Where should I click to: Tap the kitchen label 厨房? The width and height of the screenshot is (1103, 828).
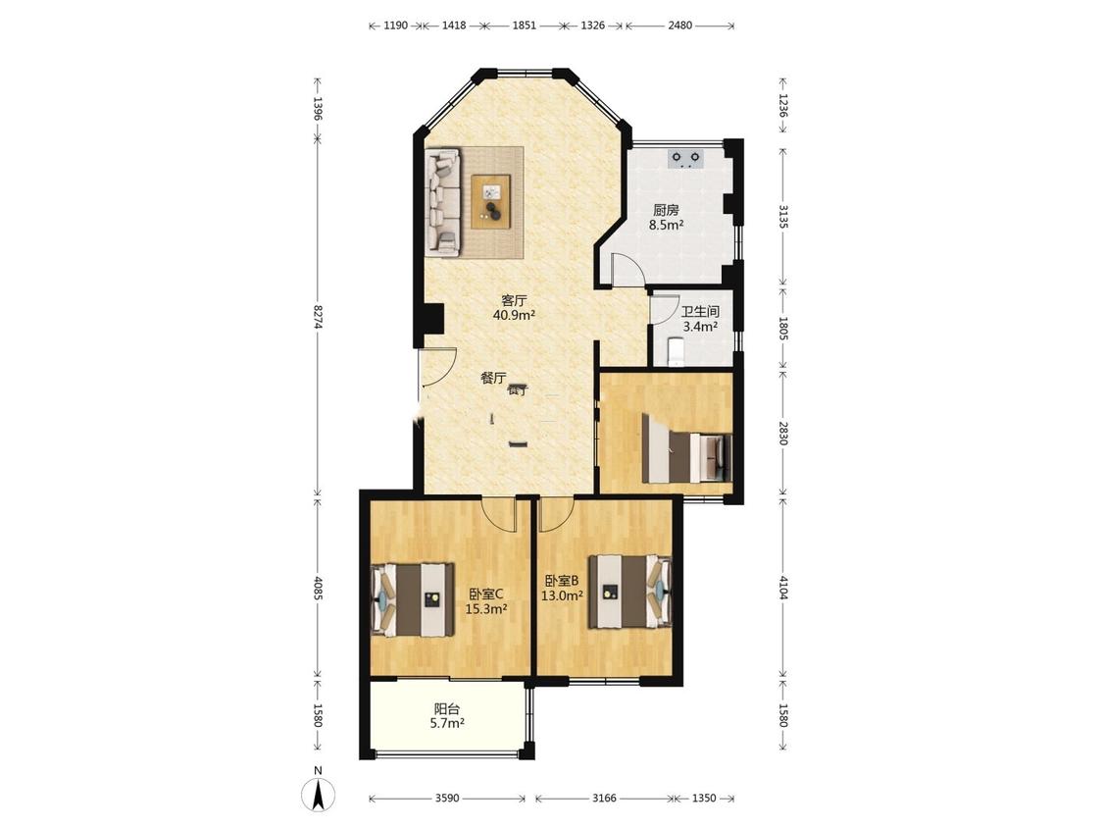tap(666, 210)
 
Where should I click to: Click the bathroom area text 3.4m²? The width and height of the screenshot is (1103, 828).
tap(700, 327)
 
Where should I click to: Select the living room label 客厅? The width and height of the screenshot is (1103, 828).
tap(514, 300)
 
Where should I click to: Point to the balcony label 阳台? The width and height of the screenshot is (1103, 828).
tap(447, 709)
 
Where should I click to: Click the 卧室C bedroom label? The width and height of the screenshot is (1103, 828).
tap(486, 594)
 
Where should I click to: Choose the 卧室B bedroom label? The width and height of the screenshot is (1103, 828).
tap(562, 581)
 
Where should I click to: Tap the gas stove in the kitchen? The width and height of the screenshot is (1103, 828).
tap(686, 159)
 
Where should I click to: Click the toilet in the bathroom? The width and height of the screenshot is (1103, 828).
tap(675, 352)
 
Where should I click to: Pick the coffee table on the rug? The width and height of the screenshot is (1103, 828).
tap(491, 201)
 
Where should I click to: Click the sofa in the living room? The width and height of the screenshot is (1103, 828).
tap(443, 201)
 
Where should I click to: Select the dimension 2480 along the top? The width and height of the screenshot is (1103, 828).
tap(679, 26)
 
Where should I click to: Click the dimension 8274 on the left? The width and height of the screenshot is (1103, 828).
tap(318, 316)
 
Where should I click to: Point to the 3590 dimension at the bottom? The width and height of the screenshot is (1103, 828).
tap(447, 798)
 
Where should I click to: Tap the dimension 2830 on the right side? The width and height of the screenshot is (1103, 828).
tap(783, 432)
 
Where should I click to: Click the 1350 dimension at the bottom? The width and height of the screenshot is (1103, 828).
tap(704, 798)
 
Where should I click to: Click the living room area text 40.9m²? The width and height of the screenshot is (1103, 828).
tap(514, 315)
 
